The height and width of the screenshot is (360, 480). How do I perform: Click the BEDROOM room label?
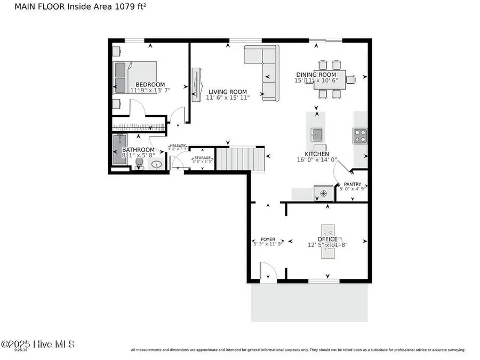(x=150, y=84)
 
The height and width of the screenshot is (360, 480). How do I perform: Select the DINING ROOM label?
(x=316, y=75)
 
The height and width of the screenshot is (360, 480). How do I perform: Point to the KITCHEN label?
(x=317, y=154)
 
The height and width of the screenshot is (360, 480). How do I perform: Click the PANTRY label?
(x=352, y=185)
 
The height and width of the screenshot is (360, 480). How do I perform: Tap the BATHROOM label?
(x=138, y=150)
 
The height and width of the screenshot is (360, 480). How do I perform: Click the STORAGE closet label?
(x=202, y=158)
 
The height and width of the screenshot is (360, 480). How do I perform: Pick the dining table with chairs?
(x=330, y=79)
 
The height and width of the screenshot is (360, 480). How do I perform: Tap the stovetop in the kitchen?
(x=359, y=135)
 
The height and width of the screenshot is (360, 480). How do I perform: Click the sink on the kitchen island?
(x=316, y=133)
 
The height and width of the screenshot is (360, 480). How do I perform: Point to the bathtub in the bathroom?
(x=118, y=150)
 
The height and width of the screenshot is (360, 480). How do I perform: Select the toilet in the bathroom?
(x=140, y=164)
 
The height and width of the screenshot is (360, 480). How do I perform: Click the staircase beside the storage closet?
(x=239, y=158)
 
